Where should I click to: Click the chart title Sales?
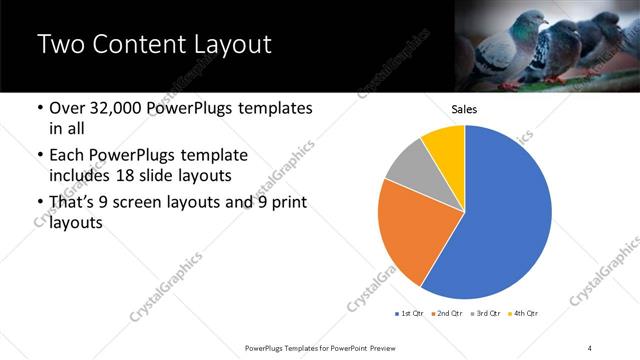[465, 109]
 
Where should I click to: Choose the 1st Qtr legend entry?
[411, 314]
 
